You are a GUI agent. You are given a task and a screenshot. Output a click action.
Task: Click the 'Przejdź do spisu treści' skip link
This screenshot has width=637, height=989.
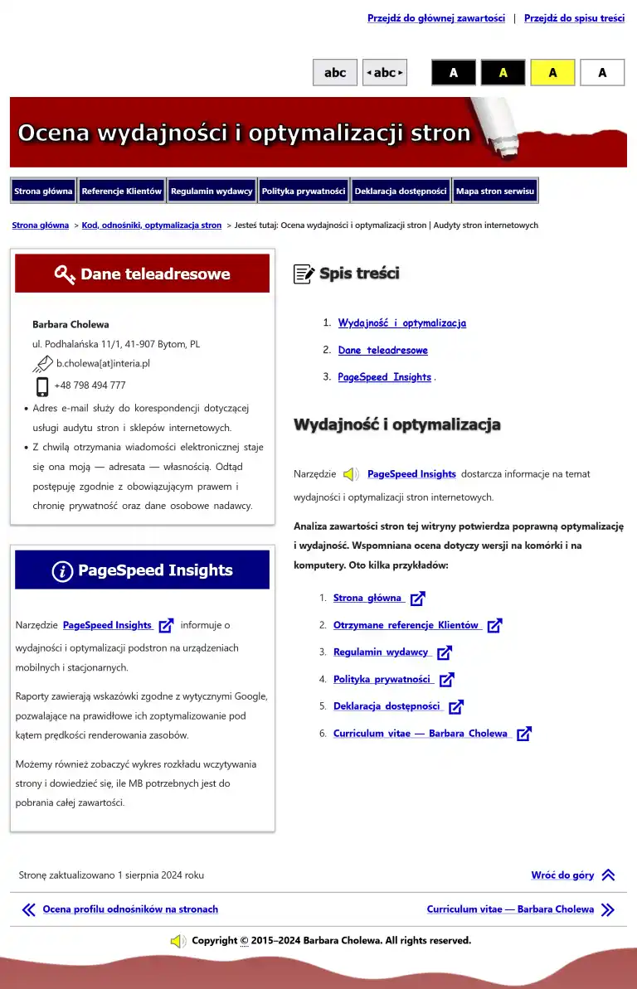coord(574,18)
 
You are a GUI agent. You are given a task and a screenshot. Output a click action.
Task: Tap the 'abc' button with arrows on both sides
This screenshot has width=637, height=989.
coord(385,73)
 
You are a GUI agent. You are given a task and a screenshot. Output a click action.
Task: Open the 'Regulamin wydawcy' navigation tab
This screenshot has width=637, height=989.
coord(212,191)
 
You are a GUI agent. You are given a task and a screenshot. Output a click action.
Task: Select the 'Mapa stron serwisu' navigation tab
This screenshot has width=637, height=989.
coord(494,191)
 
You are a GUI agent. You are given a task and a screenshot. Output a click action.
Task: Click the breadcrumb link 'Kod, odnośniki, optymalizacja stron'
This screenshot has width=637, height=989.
coord(151,225)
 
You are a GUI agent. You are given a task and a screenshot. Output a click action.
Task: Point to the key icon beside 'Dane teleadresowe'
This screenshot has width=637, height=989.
coord(65,274)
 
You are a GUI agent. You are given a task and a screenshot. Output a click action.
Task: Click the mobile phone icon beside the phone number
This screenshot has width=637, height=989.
coord(42,386)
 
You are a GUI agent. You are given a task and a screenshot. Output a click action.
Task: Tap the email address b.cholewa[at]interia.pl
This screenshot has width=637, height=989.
coord(103,363)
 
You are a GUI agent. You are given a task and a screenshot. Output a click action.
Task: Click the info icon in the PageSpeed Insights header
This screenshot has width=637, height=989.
coord(62,571)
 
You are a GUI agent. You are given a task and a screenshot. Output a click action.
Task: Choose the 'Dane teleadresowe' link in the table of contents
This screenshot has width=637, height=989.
coord(382,351)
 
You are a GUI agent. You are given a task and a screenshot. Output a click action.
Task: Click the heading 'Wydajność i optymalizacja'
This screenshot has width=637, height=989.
coord(396,425)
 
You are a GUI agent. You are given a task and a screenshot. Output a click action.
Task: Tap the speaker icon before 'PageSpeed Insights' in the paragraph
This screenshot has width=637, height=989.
coord(351,474)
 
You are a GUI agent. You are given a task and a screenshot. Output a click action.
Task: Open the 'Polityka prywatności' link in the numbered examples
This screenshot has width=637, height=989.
coord(382,680)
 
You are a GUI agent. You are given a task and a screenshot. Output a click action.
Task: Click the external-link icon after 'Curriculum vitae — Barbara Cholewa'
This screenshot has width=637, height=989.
coord(523,734)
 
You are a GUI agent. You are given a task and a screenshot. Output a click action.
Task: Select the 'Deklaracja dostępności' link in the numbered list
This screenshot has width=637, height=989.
coord(387,706)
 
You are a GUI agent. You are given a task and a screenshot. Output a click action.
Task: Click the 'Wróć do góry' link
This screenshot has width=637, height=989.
coord(562,875)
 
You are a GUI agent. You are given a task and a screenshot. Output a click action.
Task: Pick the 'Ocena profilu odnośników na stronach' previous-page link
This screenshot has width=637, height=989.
coord(130,909)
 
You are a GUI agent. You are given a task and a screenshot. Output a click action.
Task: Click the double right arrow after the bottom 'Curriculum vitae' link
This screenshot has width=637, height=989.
coord(608,909)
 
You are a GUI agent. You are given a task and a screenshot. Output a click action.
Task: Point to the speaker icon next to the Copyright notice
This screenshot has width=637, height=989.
coord(177,941)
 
